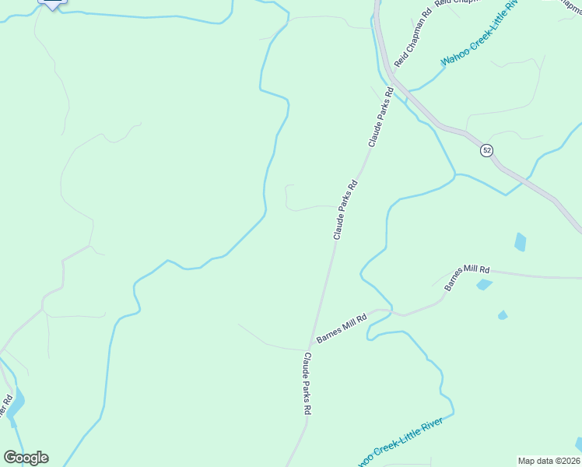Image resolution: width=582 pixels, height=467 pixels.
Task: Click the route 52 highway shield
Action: click(x=486, y=150)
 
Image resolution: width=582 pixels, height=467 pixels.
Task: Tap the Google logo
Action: click(x=26, y=457)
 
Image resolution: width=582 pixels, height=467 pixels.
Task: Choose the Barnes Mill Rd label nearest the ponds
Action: click(x=467, y=278)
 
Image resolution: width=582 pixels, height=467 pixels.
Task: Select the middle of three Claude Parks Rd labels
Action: click(x=345, y=209)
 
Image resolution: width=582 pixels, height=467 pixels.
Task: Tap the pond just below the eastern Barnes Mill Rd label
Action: click(x=484, y=285)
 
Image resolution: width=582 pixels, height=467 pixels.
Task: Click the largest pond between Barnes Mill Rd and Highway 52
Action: click(x=520, y=242)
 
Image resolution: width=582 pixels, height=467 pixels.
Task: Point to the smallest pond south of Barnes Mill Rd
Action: click(x=503, y=315)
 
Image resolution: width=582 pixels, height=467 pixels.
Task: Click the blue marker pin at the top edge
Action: click(x=52, y=3)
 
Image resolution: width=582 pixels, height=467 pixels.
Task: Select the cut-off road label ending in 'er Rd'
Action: click(x=8, y=411)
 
